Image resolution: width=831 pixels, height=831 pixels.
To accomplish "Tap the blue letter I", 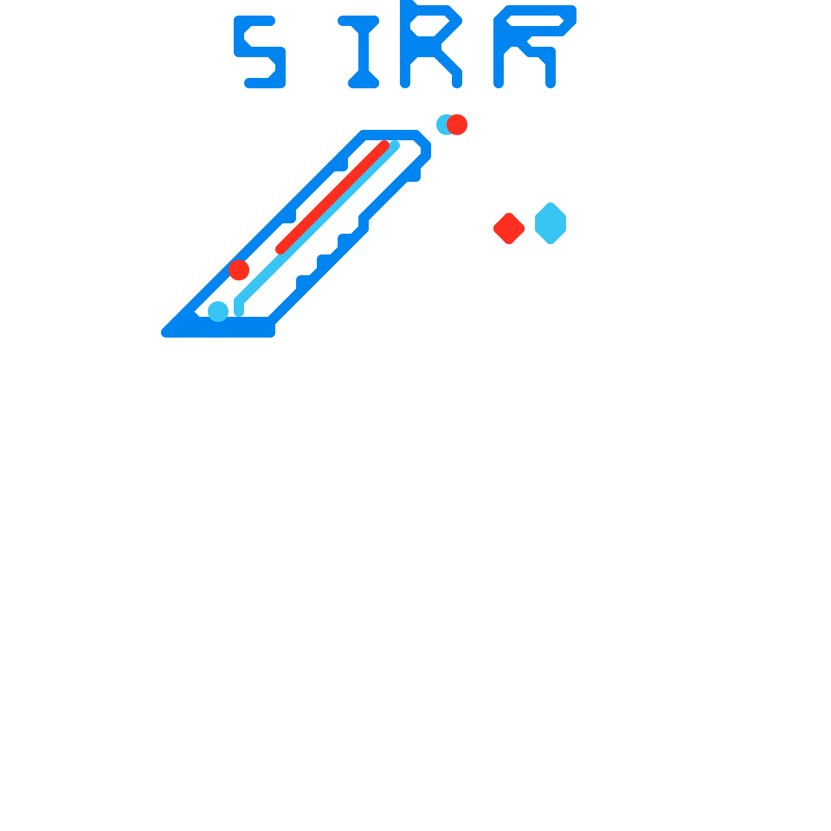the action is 364,52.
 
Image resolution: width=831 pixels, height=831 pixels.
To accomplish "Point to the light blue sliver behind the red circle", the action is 440,125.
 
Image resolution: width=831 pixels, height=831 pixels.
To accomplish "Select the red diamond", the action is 509,228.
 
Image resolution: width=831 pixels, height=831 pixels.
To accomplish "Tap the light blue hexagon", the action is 551,223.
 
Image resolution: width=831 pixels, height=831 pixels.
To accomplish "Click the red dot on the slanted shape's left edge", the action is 239,270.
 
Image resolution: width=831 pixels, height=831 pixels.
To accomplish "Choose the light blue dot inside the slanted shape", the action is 218,312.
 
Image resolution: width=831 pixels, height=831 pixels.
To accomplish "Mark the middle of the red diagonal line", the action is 332,197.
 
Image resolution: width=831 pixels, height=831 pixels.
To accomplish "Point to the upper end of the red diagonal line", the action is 384,145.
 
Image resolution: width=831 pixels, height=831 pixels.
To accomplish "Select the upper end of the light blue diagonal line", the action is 395,145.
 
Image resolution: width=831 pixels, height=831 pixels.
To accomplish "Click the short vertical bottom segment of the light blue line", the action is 239,307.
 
